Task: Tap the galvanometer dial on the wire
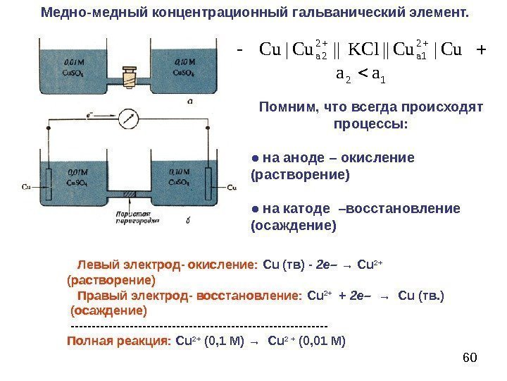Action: [x=128, y=118]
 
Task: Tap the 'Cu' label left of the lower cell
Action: [x=26, y=187]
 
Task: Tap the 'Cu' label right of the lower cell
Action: [x=232, y=187]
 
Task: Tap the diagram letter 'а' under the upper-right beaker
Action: [x=190, y=101]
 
